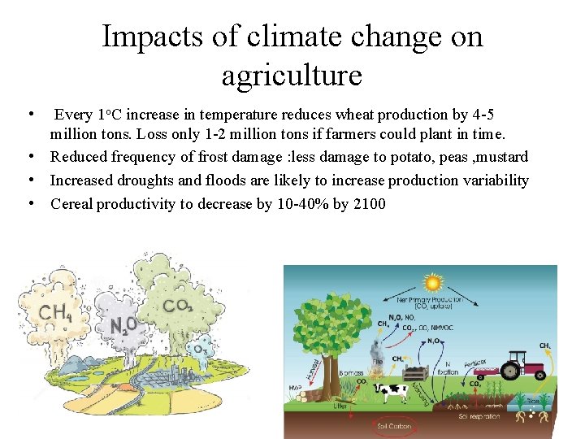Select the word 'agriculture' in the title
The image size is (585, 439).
pos(292,76)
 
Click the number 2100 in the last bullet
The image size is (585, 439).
pos(370,203)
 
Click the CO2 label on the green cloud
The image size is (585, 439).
pos(177,306)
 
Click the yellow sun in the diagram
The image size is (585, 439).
pos(433,283)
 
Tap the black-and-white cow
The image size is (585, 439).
pos(390,392)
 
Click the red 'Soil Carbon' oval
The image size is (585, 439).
pos(394,426)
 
